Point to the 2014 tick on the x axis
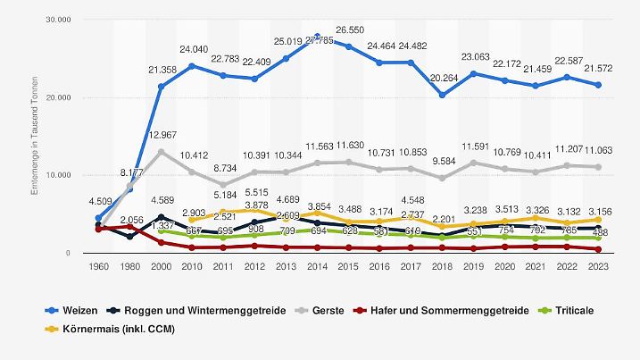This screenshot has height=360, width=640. (x=317, y=267)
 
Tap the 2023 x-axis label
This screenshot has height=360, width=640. (x=598, y=267)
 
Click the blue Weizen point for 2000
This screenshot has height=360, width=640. (x=161, y=87)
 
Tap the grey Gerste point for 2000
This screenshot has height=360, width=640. (x=161, y=152)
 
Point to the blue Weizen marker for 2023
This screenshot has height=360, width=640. (x=598, y=85)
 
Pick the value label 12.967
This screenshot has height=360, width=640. (x=161, y=135)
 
